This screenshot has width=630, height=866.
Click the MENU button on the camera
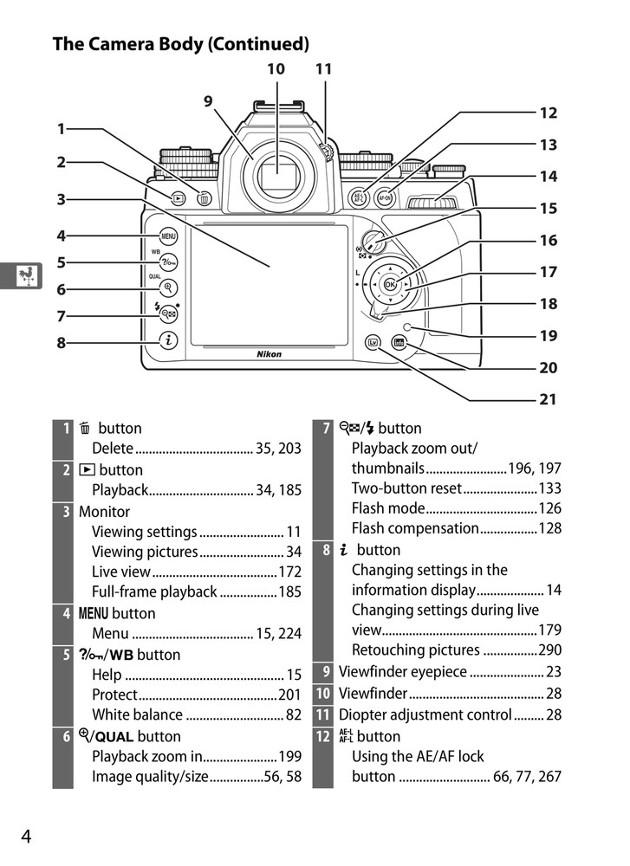(x=167, y=236)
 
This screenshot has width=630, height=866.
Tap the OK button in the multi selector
(x=389, y=284)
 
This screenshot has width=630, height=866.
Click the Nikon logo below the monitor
(x=269, y=354)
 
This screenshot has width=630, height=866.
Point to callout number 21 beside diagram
(x=548, y=400)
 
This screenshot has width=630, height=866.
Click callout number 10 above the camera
(x=276, y=68)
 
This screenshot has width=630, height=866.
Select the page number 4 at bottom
(x=26, y=836)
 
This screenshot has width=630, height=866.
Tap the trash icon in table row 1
(x=85, y=429)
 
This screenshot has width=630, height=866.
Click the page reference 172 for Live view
(x=289, y=572)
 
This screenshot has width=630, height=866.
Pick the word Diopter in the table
(x=363, y=715)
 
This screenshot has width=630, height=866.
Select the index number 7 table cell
(x=326, y=429)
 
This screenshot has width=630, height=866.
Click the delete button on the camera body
(x=205, y=198)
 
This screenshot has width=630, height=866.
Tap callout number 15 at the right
(x=548, y=209)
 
